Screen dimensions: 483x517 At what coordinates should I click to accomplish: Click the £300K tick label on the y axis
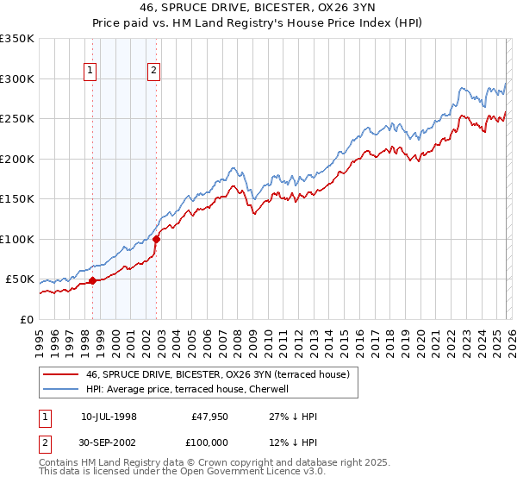point(16,78)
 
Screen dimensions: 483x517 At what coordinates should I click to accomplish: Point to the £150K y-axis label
point(16,198)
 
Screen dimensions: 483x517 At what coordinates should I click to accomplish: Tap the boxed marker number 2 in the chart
point(153,72)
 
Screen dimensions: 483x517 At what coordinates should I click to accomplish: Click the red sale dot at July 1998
point(92,279)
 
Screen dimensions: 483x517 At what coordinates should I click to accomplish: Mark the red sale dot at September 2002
point(157,239)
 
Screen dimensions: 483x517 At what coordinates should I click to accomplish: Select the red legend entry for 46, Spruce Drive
point(217,375)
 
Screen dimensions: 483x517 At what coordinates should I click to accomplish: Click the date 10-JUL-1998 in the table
point(109,416)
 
